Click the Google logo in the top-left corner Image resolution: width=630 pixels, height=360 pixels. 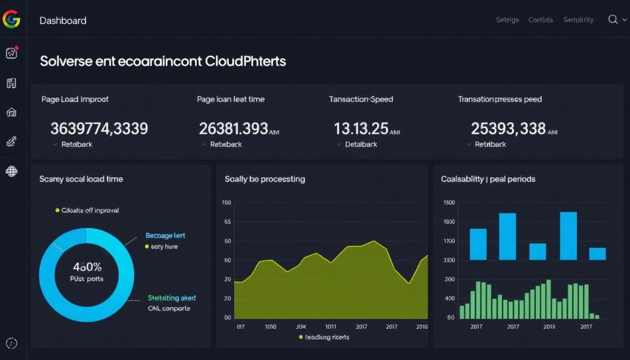[11, 20]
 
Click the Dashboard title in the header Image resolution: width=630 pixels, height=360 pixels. [63, 20]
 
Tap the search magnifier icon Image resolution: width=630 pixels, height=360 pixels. [613, 20]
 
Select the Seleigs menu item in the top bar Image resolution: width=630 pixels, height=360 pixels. [508, 20]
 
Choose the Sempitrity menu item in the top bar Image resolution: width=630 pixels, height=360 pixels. [578, 20]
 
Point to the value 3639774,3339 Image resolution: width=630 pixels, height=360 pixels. [99, 129]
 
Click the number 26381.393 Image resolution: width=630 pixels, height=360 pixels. [234, 129]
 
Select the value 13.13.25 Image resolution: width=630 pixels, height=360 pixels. [361, 129]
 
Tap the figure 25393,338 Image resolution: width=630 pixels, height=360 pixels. [508, 129]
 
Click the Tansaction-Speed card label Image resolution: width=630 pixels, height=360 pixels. [361, 99]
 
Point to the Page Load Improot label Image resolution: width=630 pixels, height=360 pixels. [75, 99]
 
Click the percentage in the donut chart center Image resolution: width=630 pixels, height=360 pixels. [87, 267]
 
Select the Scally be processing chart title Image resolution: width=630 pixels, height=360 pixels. [265, 179]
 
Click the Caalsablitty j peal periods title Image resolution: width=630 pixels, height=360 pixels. [488, 179]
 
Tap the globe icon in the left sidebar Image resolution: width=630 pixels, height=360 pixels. [11, 171]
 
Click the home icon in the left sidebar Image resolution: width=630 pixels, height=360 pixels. [11, 113]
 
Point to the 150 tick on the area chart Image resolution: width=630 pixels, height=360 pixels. [226, 203]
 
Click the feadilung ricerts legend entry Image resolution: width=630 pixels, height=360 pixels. [324, 337]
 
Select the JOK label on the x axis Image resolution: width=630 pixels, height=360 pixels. [301, 327]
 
